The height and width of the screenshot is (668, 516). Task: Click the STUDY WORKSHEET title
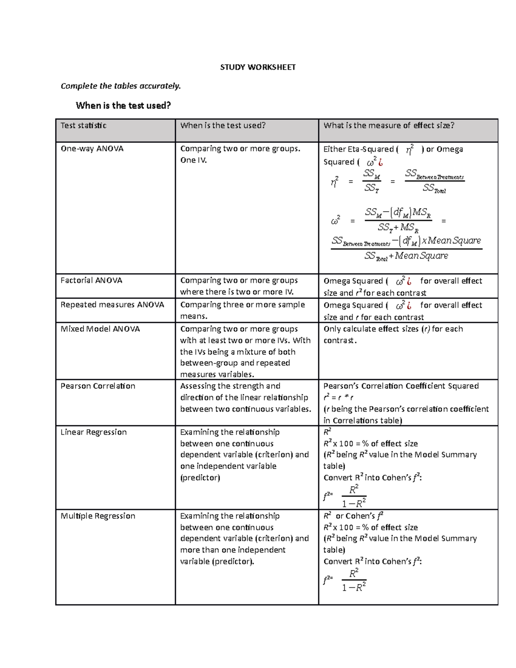tap(258, 67)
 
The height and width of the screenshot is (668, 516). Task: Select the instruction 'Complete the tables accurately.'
tap(121, 86)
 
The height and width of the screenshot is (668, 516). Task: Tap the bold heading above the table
tap(123, 105)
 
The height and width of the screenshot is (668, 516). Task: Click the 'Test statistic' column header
tap(83, 126)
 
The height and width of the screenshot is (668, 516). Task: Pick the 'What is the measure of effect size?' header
tap(389, 126)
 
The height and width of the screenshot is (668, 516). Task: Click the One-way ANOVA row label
tap(92, 149)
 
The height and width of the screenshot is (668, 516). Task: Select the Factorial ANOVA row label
tap(91, 280)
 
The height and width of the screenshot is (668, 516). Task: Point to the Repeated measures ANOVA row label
tap(112, 305)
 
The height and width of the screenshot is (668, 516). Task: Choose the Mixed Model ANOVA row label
tap(100, 329)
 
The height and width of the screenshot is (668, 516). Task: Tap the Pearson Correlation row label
tap(98, 386)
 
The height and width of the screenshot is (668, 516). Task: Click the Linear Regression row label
tap(93, 432)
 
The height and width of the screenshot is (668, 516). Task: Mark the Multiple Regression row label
tap(98, 516)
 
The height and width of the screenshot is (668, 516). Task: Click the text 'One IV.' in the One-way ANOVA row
tap(193, 160)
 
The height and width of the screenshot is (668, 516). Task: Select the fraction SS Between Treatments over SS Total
tap(434, 182)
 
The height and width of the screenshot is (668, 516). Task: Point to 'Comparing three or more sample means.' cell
tap(242, 310)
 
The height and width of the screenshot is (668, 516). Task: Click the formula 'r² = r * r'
tap(338, 398)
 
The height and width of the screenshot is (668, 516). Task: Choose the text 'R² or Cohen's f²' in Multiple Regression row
tap(353, 516)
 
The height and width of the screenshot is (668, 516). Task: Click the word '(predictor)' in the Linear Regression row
tap(200, 478)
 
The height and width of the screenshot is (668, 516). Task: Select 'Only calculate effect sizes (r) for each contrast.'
tap(393, 335)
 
